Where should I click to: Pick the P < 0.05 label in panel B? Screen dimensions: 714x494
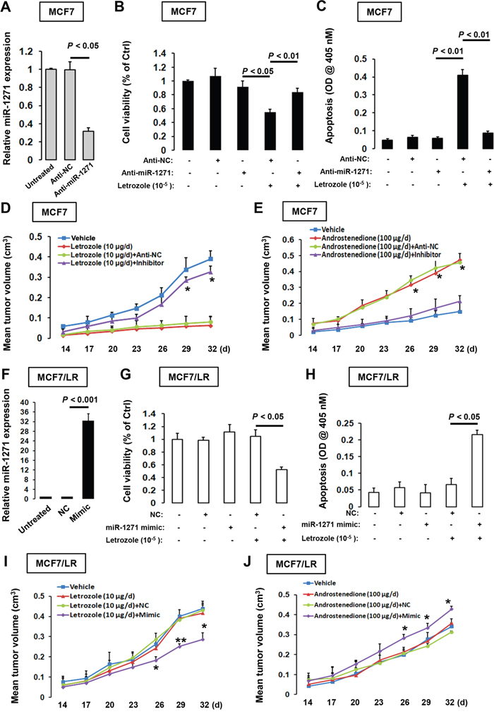coord(263,71)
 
